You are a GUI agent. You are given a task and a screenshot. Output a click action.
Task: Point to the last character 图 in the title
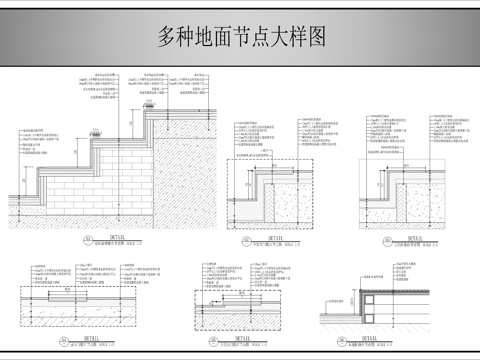(316, 37)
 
